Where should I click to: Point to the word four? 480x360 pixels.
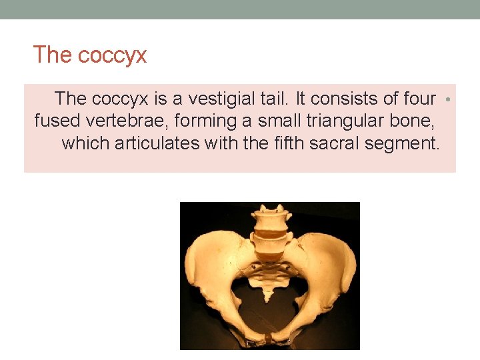419,99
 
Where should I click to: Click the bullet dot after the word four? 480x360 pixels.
448,99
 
